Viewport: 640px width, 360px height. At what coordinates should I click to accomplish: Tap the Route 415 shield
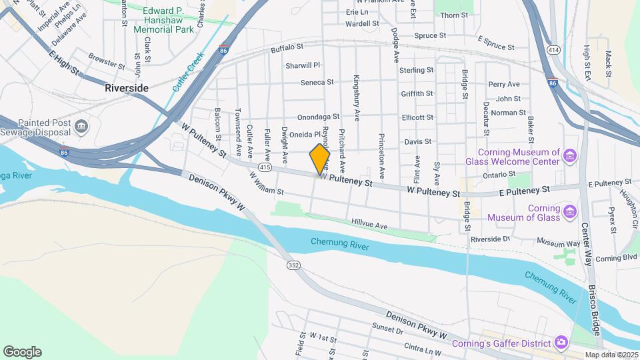click(266, 168)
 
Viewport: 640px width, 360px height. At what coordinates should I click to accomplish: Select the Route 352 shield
click(293, 265)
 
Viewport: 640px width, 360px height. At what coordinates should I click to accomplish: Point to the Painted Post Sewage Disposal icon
click(81, 126)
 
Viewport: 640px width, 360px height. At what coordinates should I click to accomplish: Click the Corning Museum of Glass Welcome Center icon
click(569, 156)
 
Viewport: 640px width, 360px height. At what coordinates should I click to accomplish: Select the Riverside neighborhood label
click(126, 87)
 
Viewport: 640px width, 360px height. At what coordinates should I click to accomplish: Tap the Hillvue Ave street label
click(370, 227)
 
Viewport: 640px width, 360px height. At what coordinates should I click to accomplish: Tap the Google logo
click(22, 352)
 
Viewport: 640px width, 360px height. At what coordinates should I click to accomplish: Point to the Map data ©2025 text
click(610, 355)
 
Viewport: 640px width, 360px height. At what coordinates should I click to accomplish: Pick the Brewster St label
click(106, 61)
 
